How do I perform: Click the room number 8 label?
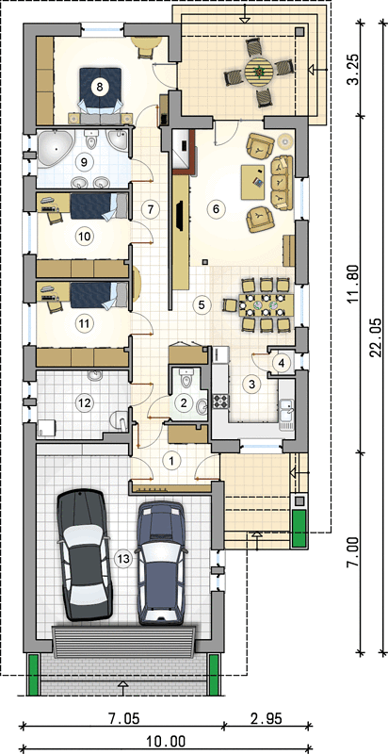100,87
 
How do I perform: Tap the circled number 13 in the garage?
123,558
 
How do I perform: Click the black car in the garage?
84,553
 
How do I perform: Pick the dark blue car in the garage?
160,563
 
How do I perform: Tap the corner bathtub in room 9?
56,148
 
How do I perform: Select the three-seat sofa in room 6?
282,183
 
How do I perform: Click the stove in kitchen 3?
222,401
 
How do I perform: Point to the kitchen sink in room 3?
287,414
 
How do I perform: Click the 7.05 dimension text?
125,718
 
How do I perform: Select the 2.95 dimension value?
266,718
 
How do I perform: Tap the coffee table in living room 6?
253,182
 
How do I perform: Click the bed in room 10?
99,206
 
